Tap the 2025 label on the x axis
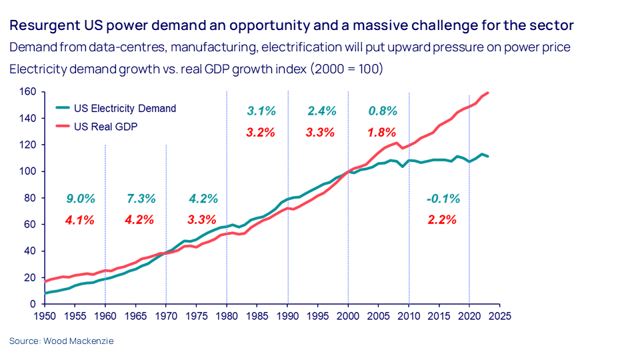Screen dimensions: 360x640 pyautogui.click(x=499, y=316)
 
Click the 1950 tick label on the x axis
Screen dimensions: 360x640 pyautogui.click(x=45, y=316)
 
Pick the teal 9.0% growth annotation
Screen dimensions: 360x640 pyautogui.click(x=81, y=199)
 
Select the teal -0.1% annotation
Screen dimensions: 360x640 pyautogui.click(x=443, y=199)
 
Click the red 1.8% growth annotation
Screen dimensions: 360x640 pyautogui.click(x=382, y=132)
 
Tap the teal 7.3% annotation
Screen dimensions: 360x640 pyautogui.click(x=141, y=199)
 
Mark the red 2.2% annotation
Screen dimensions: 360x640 pyautogui.click(x=441, y=219)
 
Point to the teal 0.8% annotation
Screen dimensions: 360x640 pyautogui.click(x=383, y=111)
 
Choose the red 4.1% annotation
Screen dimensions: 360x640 pyautogui.click(x=80, y=219)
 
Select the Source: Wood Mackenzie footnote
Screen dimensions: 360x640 pyautogui.click(x=62, y=341)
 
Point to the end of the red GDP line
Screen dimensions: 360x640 pyautogui.click(x=488, y=93)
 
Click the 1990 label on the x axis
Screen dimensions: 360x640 pyautogui.click(x=287, y=316)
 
